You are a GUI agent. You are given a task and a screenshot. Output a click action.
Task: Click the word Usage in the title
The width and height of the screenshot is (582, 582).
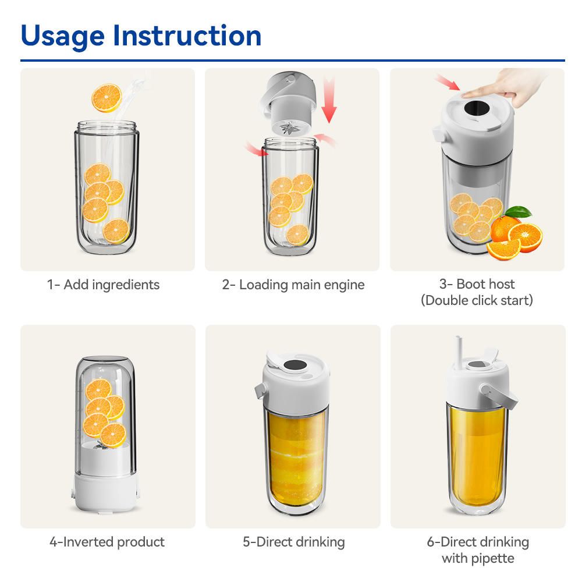pos(62,36)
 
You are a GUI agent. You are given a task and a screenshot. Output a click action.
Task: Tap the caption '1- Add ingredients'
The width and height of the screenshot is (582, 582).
pos(103,285)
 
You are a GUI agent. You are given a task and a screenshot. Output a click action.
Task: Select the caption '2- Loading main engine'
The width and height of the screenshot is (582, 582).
pos(293,285)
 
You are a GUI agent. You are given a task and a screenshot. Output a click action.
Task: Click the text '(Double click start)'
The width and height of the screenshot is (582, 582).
pos(477,300)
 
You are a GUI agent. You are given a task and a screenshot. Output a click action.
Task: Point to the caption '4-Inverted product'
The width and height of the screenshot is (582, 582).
pos(107,542)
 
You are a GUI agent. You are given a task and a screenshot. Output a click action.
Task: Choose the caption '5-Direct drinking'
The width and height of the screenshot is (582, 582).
pos(293,542)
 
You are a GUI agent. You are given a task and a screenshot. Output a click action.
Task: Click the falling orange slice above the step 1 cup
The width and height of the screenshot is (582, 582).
pos(107,98)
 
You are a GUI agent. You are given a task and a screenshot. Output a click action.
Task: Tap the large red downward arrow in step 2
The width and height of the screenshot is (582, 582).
pos(329,99)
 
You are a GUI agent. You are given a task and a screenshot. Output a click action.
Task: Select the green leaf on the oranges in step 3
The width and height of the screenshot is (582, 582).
pos(519,212)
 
